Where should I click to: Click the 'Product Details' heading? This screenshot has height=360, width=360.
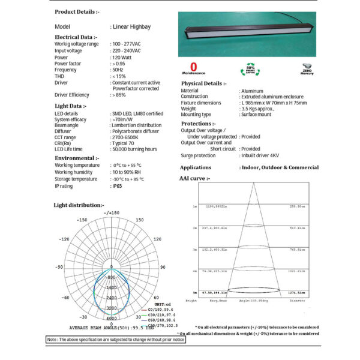(x=77, y=11)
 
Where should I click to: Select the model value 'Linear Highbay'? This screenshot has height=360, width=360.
(x=131, y=27)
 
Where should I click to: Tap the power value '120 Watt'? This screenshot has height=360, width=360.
(x=123, y=57)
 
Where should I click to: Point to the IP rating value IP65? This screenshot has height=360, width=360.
(x=118, y=187)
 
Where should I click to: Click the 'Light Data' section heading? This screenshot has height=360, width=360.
(x=71, y=106)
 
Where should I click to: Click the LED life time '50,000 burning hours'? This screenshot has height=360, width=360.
(x=134, y=149)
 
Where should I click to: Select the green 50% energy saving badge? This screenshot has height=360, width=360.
(x=250, y=68)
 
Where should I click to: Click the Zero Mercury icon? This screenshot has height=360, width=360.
(x=308, y=67)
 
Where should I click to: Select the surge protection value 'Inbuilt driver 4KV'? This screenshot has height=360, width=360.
(x=266, y=155)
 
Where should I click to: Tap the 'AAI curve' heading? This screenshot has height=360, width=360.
(x=195, y=178)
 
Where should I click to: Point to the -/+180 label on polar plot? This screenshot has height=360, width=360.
(x=112, y=213)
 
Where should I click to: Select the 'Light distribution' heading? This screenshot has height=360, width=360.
(x=79, y=205)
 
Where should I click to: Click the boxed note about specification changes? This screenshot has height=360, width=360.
(x=116, y=340)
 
